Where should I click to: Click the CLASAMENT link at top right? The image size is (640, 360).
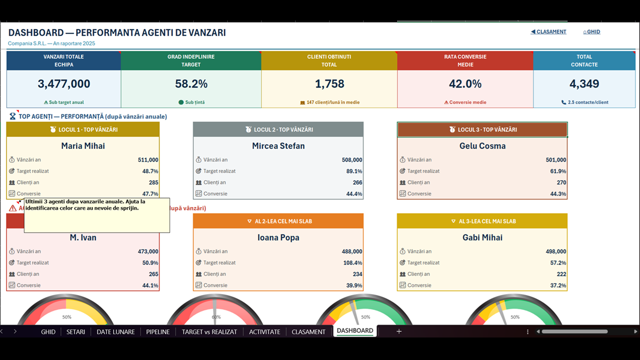548,31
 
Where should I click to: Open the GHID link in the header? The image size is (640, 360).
591,31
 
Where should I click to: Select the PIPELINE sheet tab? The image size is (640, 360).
157,331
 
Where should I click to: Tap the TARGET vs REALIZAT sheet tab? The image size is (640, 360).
209,331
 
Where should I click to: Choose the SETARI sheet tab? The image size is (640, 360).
75,331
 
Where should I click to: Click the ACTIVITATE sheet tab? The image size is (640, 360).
264,331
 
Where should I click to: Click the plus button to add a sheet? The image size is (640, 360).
399,331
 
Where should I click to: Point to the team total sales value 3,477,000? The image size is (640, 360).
63,83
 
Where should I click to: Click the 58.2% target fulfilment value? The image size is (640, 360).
191,83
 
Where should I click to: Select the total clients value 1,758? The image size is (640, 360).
329,83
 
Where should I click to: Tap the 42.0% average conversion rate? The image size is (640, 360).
465,83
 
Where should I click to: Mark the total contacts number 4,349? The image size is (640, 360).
584,83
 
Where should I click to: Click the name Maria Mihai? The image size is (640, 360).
83,146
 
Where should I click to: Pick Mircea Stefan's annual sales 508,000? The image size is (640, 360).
351,159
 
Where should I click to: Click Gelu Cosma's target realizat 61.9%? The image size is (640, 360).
558,171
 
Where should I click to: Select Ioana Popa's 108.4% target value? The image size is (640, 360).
352,262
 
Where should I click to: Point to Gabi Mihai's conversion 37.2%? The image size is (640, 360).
558,285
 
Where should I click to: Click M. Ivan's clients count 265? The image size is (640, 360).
153,274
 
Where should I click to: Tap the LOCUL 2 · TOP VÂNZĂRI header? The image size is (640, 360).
278,129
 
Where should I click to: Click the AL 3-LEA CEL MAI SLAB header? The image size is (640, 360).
482,221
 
